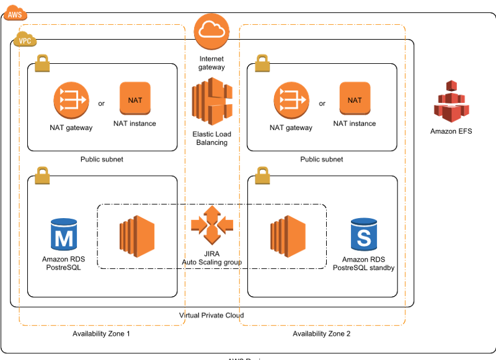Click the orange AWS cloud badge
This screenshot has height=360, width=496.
(15, 13)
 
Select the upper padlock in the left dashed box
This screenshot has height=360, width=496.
(42, 63)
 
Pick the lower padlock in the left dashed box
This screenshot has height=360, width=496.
(42, 175)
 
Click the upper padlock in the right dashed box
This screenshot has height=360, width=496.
(262, 63)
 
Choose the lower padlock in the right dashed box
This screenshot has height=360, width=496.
(262, 175)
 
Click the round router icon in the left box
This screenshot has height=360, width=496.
(71, 100)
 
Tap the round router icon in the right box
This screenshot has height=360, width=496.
(291, 100)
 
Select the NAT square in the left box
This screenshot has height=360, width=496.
(135, 98)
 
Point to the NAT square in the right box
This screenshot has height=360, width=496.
(355, 98)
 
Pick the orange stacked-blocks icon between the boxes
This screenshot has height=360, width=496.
(212, 101)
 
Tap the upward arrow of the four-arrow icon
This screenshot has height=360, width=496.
(212, 212)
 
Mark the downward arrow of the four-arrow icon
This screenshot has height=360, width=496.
(212, 237)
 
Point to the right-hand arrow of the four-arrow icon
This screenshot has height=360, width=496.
(226, 224)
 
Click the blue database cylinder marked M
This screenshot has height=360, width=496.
(64, 234)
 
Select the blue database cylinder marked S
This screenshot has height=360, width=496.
(364, 234)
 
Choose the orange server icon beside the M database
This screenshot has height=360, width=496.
(137, 236)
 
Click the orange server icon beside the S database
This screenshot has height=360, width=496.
(288, 236)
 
